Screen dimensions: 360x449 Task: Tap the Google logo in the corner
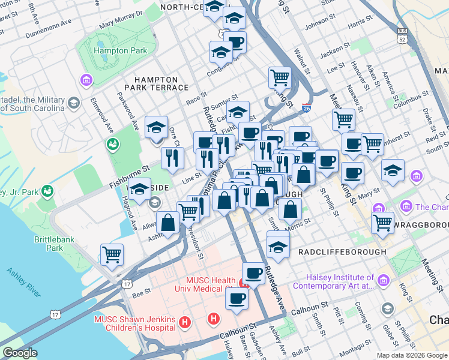click(20, 353)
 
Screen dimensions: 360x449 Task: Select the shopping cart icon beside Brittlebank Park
click(112, 254)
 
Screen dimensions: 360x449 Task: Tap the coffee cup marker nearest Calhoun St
click(237, 299)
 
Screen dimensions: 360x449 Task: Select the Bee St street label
click(141, 293)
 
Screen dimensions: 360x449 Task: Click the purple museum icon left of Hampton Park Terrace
click(86, 79)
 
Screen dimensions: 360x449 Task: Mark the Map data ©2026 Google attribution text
click(412, 355)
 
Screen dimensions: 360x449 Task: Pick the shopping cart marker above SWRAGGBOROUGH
click(382, 223)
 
